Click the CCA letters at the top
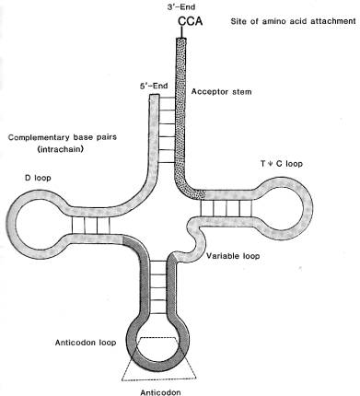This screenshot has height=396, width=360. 191,21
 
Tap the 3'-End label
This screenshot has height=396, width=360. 181,6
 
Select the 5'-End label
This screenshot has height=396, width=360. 154,86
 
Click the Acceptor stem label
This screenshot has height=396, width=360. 221,91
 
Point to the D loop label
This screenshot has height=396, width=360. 38,178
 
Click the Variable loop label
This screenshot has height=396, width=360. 233,256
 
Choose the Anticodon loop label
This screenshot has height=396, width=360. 86,343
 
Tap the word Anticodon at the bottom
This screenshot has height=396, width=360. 160,392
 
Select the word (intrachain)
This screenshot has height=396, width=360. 61,150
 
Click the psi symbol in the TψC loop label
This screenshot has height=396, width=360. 272,164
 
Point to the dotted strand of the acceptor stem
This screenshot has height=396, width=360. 181,122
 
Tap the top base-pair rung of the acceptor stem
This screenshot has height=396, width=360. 168,99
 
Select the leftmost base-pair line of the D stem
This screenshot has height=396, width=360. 73,225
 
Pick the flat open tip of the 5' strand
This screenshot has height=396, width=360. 154,95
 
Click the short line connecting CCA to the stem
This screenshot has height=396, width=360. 181,32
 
